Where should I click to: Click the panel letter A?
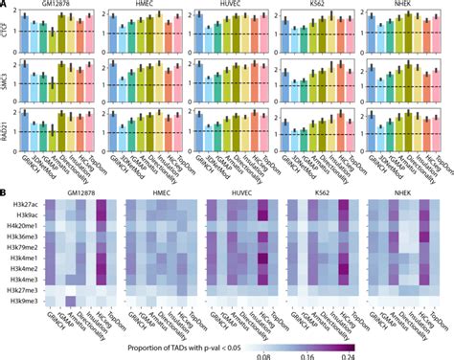point(6,6)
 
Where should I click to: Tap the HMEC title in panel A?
point(144,5)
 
